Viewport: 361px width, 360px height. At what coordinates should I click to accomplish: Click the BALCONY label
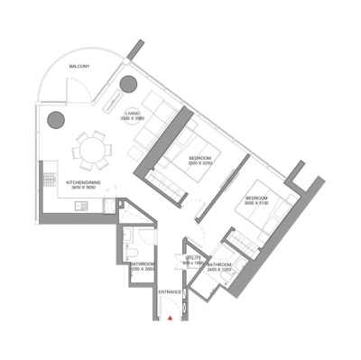[79, 66]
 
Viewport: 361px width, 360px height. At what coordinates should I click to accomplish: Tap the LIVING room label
[133, 112]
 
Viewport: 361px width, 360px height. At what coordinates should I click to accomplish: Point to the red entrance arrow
[170, 317]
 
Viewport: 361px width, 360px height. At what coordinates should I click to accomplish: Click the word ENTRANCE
[170, 293]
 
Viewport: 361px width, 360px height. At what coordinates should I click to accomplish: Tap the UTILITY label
[192, 258]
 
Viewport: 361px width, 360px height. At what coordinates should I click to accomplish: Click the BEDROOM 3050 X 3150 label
[257, 200]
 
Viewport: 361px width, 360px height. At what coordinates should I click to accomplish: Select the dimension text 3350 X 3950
[133, 118]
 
